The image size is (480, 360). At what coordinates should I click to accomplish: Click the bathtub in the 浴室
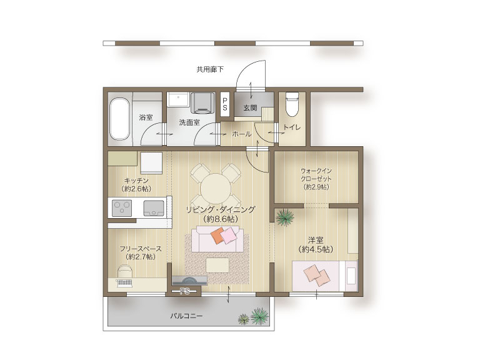[x=119, y=119]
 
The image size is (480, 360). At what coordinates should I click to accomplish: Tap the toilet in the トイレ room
[x=292, y=104]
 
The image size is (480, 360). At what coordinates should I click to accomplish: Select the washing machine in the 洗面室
[x=202, y=103]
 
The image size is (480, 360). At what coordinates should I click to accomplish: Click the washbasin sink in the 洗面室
[x=178, y=99]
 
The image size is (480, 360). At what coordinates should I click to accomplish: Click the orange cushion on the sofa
[x=219, y=236]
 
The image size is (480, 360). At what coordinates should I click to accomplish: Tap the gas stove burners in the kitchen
[x=122, y=208]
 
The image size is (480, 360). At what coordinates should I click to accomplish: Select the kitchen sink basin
[x=154, y=208]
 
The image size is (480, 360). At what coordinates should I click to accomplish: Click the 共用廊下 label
[x=210, y=69]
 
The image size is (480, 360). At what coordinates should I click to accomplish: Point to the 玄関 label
[x=250, y=107]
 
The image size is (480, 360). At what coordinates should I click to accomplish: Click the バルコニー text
[x=186, y=316]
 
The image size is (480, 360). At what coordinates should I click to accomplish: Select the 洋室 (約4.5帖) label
[x=316, y=244]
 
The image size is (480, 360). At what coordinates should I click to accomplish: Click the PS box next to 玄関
[x=225, y=104]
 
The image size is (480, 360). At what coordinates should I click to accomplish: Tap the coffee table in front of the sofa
[x=217, y=265]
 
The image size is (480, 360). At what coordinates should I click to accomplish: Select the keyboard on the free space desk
[x=124, y=282]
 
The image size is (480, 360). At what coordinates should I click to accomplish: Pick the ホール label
[x=242, y=134]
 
